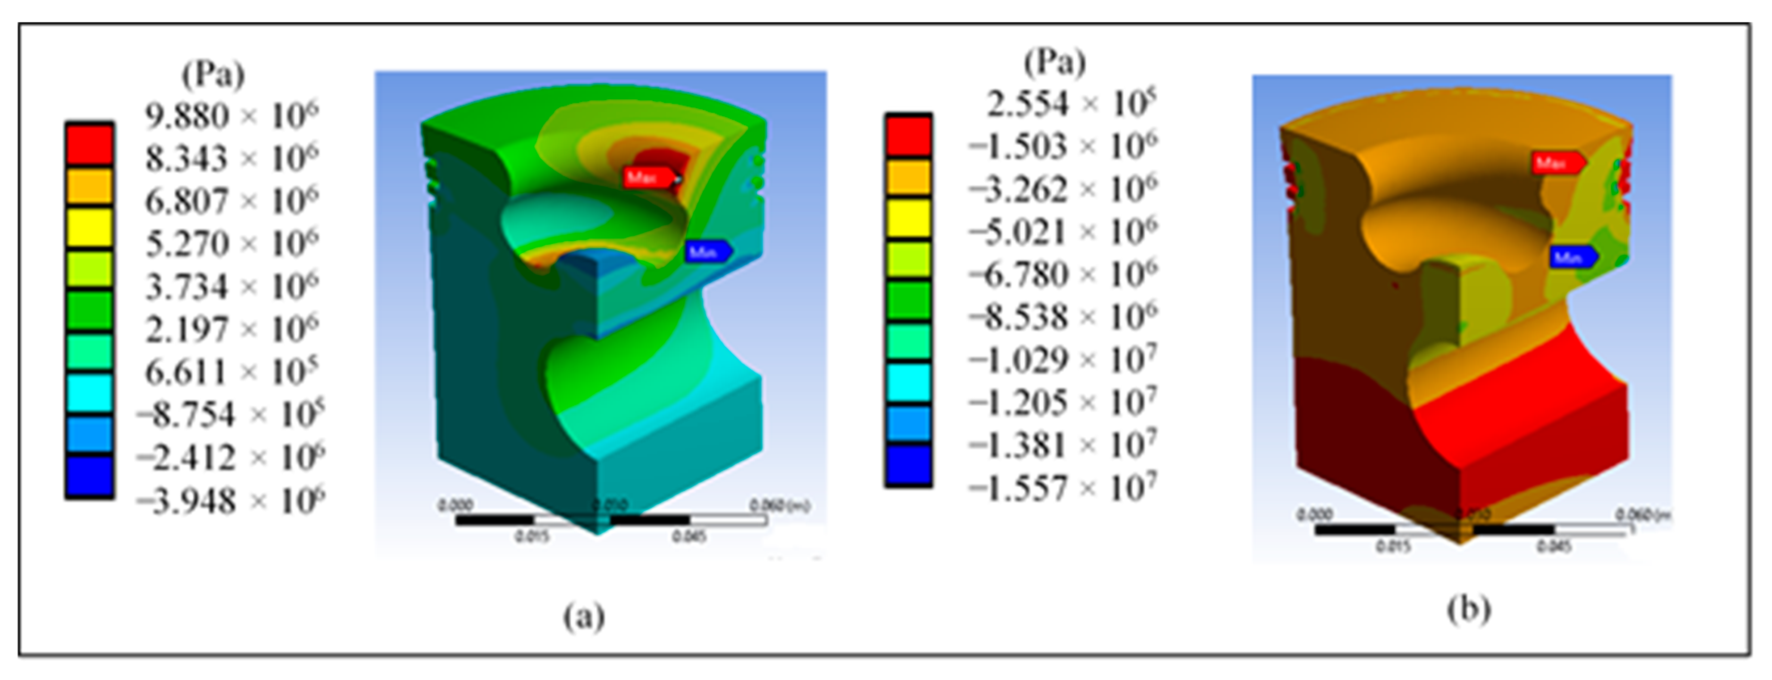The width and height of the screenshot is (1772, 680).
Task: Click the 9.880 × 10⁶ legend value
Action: click(x=231, y=115)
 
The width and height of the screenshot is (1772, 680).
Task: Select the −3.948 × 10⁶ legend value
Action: click(x=231, y=501)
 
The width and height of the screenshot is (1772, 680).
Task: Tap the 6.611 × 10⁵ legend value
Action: click(x=231, y=372)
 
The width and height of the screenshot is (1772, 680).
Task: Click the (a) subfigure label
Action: click(x=584, y=615)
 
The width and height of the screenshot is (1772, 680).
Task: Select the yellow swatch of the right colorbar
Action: click(x=908, y=217)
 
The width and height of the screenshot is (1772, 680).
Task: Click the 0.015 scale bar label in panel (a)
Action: click(x=531, y=536)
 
